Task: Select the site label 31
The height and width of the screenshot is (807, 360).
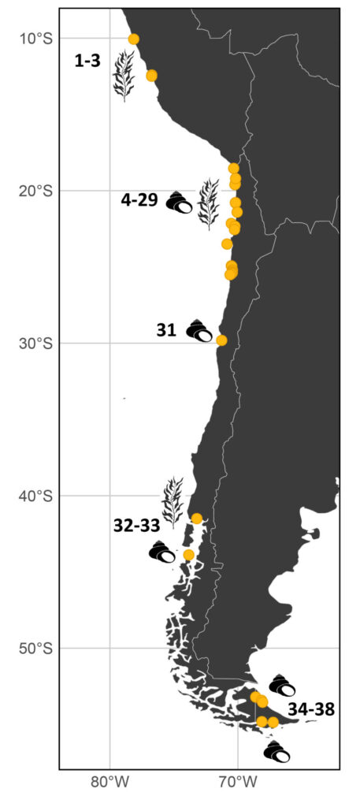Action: pos(166,331)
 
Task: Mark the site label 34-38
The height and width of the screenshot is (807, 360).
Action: pos(311,709)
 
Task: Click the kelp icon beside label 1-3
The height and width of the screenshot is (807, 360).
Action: pos(123,76)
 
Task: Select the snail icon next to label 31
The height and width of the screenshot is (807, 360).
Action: pos(199,331)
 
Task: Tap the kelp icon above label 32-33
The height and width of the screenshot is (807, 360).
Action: pos(172,501)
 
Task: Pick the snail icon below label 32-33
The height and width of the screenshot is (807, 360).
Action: pos(162,552)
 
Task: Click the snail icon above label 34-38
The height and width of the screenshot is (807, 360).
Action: pos(282,686)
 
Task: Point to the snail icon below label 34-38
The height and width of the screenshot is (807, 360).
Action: pos(276,752)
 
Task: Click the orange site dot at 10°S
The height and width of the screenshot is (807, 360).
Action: pos(134,39)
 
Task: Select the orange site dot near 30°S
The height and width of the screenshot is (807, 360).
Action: pos(222,340)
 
